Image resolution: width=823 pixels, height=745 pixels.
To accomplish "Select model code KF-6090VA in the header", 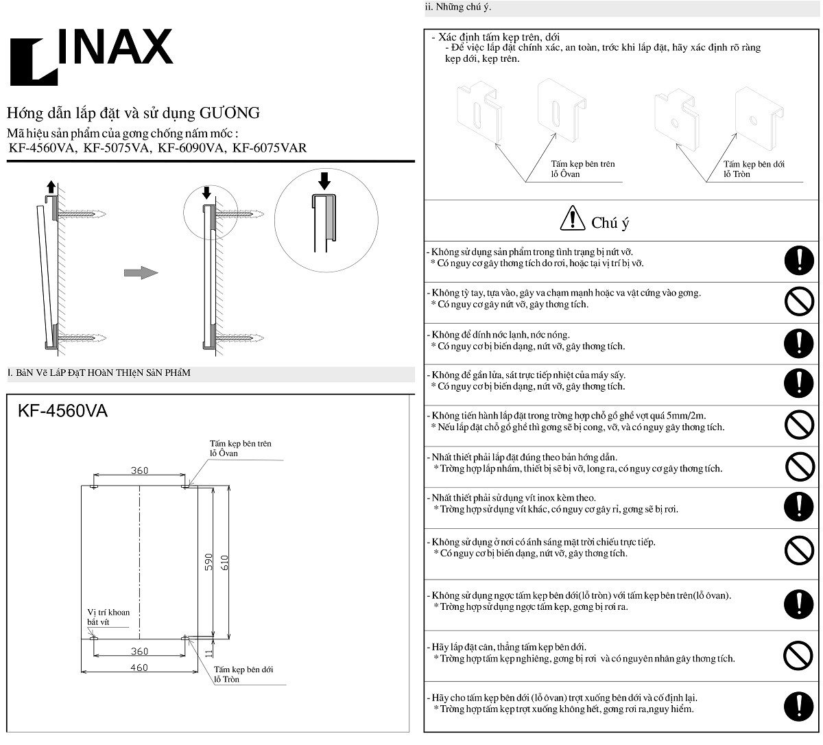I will (191, 147).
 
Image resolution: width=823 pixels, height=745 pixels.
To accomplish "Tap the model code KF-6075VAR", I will (270, 147).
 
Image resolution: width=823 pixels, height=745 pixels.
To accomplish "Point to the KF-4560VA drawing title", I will (62, 411).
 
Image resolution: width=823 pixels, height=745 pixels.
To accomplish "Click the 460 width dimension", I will (139, 667).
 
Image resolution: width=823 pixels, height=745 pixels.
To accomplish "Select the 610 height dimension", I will (224, 562).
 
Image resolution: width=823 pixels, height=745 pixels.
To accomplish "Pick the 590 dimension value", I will (209, 562).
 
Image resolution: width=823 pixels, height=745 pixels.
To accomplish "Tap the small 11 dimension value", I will (209, 654).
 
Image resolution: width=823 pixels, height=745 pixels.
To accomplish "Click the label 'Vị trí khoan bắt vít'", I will (108, 617).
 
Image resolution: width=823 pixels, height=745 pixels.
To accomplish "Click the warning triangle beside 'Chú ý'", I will (572, 219).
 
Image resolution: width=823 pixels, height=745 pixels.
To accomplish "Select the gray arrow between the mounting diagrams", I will (141, 273).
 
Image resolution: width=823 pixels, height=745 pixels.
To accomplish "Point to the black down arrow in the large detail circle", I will (324, 180).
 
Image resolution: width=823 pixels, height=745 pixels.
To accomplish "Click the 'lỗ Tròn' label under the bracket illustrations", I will (737, 174).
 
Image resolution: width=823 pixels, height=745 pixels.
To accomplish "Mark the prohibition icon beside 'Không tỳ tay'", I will (798, 300).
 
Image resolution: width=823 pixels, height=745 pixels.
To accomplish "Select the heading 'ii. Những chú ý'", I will (458, 7).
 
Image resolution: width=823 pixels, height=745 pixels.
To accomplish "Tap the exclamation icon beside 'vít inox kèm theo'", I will (798, 506).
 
